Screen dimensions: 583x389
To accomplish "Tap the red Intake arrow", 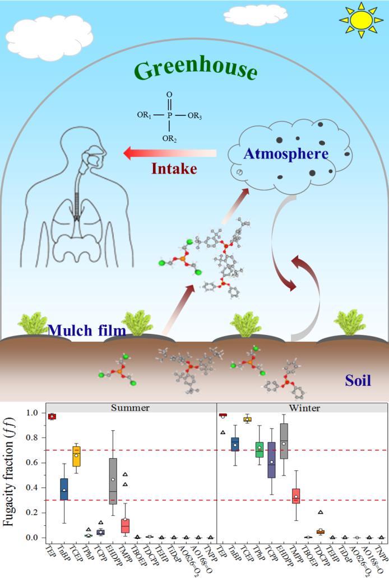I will (x=168, y=153).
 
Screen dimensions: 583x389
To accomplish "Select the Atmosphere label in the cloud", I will (x=286, y=153).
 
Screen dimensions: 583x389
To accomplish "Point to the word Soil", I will (x=357, y=381).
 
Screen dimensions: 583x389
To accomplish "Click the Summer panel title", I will (x=131, y=408).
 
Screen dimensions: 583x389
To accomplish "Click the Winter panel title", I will (x=304, y=408).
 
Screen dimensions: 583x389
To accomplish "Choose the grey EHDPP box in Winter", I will (x=284, y=441).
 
